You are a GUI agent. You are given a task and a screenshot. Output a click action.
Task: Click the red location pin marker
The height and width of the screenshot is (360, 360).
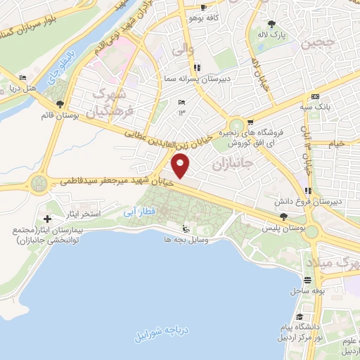click(181, 167)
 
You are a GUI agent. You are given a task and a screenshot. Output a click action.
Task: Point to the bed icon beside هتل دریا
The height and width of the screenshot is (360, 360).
click(24, 77)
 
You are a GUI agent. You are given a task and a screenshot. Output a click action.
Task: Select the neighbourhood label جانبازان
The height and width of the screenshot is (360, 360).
click(231, 166)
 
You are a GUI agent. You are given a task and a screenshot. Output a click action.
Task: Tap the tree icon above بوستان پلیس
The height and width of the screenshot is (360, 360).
click(283, 217)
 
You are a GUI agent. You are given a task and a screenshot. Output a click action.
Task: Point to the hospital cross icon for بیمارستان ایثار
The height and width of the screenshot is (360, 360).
click(47, 219)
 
